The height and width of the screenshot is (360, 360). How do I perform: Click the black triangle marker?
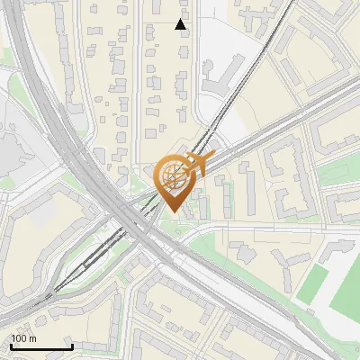181,24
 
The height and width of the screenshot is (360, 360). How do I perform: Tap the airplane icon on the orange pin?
199,165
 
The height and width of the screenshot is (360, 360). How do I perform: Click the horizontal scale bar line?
40,347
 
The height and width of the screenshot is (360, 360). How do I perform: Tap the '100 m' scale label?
24,339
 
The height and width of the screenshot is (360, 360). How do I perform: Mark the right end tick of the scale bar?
72,346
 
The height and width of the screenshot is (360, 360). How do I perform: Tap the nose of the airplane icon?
212,159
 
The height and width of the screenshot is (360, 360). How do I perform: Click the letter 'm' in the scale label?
32,339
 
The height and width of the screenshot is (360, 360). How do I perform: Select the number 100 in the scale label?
20,339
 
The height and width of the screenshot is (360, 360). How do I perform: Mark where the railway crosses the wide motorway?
135,221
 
